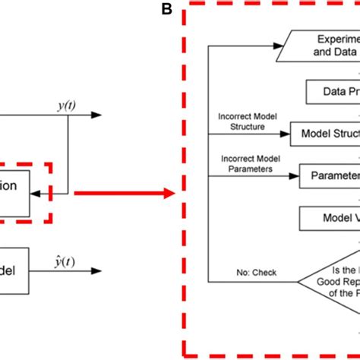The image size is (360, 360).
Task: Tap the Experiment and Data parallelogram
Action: pos(319,45)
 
